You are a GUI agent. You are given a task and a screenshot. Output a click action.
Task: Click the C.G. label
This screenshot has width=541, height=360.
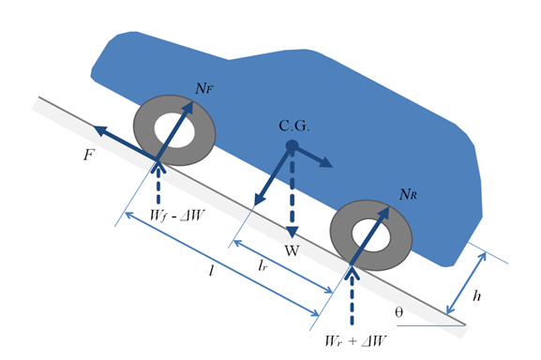click(294, 127)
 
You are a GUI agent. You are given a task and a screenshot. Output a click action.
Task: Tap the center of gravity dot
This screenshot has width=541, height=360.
click(292, 145)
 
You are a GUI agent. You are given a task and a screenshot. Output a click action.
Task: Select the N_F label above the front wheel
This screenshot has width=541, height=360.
click(204, 89)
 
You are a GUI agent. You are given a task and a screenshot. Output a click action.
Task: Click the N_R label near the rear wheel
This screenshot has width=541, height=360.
click(408, 194)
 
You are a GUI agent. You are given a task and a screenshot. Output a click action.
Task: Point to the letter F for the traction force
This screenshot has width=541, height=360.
click(89, 156)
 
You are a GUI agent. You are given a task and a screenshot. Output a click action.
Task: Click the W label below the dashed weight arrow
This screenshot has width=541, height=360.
click(292, 250)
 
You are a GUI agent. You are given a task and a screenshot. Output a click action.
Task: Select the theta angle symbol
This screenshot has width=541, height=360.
click(398, 312)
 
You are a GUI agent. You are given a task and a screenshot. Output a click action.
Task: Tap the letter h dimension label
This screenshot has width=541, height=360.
click(477, 295)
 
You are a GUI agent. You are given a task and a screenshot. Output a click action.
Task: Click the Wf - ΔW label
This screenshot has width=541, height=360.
click(177, 216)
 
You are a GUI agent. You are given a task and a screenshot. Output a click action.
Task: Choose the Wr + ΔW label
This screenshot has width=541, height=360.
click(355, 341)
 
